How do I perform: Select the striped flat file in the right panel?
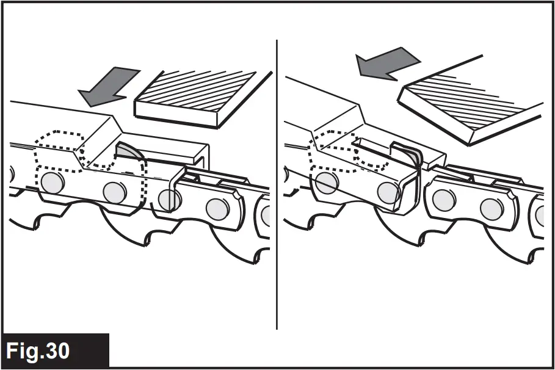click(470, 101)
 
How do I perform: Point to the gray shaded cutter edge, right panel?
click(413, 156)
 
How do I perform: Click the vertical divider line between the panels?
click(277, 183)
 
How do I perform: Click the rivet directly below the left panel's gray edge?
click(114, 192)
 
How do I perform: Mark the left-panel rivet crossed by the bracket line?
click(169, 198)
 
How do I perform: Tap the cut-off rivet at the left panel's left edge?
click(9, 173)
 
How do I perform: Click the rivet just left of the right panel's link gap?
click(388, 192)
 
